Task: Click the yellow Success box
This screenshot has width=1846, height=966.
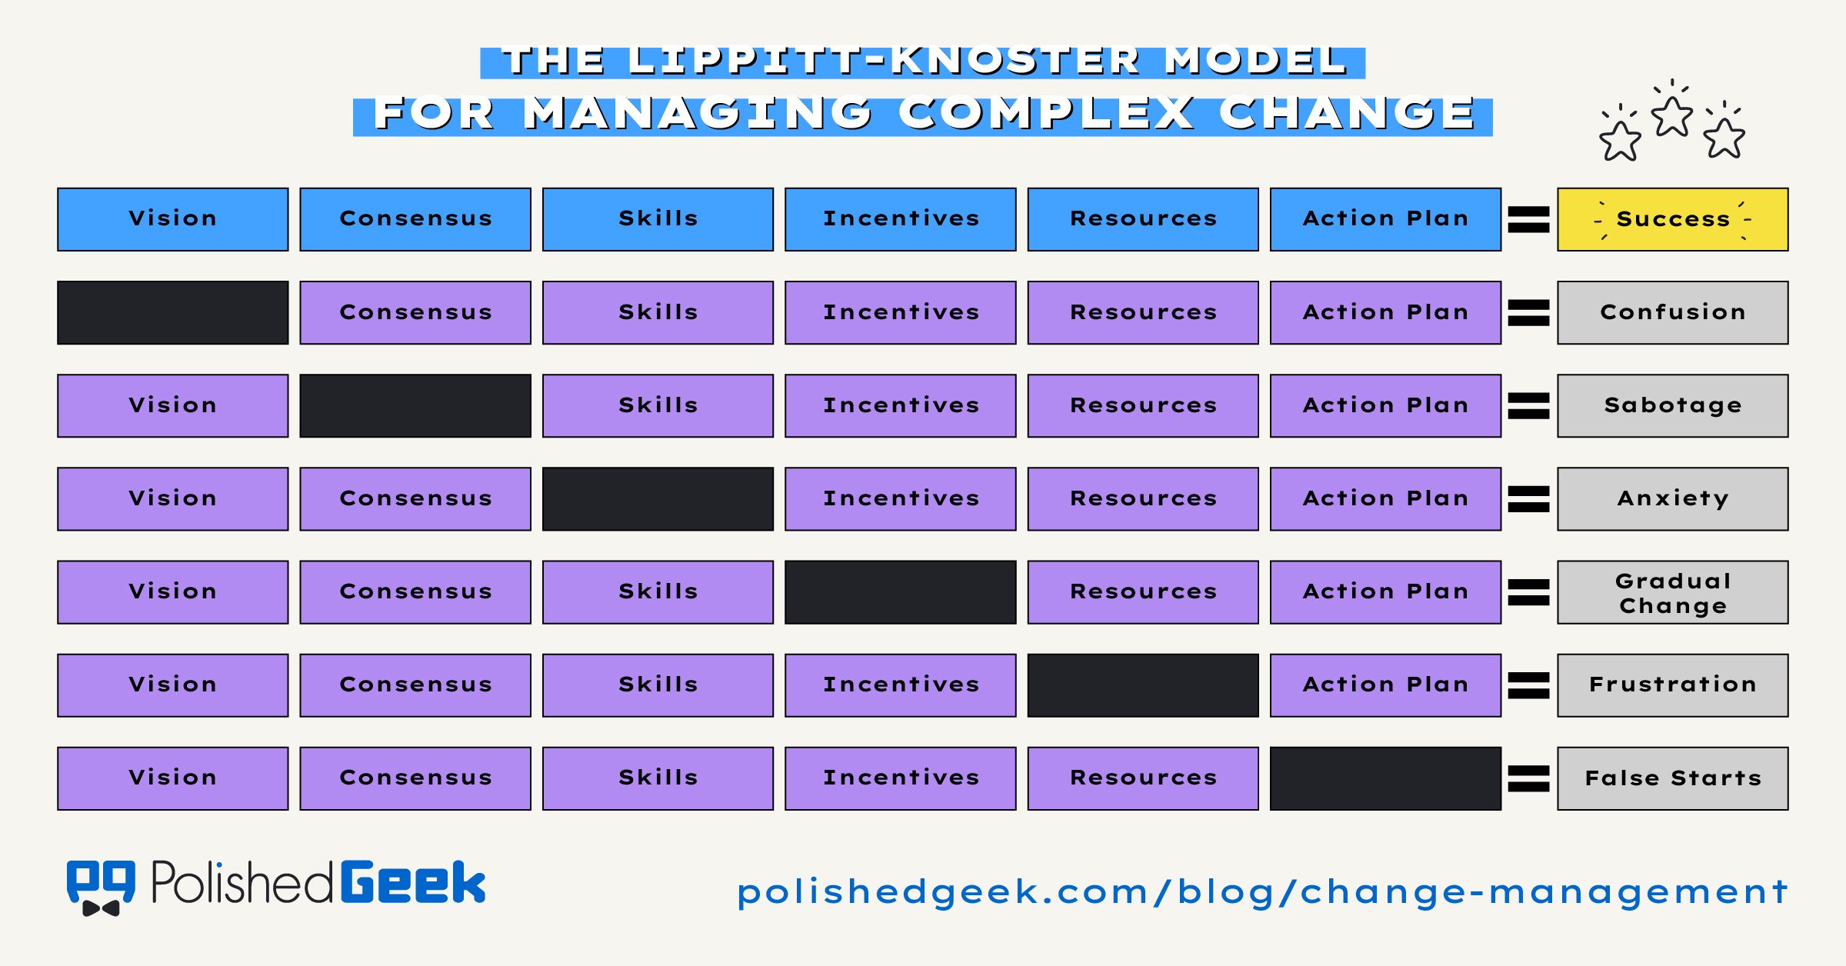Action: point(1672,219)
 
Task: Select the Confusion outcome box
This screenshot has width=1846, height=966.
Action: point(1672,312)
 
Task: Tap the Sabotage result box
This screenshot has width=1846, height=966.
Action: point(1672,405)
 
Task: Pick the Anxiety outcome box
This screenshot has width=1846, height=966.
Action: point(1672,498)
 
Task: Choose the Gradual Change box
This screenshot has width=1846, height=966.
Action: point(1672,592)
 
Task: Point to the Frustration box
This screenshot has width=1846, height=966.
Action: point(1672,685)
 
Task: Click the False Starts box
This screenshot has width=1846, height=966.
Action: point(1672,778)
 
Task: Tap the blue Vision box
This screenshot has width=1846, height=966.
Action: point(172,219)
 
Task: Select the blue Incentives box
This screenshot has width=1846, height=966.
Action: point(900,219)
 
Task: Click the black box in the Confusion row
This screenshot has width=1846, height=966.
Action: point(172,312)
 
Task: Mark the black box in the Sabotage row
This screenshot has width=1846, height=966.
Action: point(415,405)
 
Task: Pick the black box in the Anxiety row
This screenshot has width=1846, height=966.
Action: point(658,498)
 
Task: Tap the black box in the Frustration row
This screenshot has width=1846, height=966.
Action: point(1143,685)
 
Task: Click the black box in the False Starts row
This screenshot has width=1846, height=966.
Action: point(1385,778)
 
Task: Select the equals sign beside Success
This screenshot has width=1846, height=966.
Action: point(1528,219)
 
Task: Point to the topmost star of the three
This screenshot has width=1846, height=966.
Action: point(1672,117)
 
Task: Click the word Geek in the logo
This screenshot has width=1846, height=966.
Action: point(413,882)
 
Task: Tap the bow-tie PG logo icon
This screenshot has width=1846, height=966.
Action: point(101,887)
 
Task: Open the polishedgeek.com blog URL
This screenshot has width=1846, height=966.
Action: point(1261,892)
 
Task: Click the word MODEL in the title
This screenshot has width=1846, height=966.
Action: point(1255,61)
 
